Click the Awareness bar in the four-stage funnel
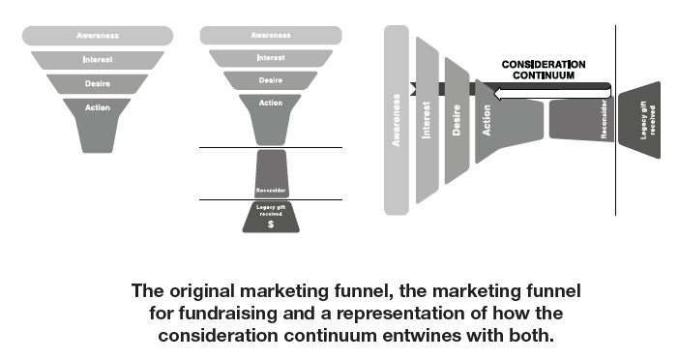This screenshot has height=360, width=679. click(98, 36)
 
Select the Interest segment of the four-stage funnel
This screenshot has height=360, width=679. click(98, 59)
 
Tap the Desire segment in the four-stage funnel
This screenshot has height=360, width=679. click(98, 83)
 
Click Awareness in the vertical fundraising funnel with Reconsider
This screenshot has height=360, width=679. click(270, 36)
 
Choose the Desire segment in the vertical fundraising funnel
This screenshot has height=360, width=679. click(270, 79)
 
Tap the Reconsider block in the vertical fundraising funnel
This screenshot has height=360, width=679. click(270, 174)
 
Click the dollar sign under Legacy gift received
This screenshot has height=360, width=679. click(270, 224)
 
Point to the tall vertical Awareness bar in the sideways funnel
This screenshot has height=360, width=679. click(397, 119)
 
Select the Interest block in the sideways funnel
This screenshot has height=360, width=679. click(427, 119)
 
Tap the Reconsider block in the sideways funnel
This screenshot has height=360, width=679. click(581, 118)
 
